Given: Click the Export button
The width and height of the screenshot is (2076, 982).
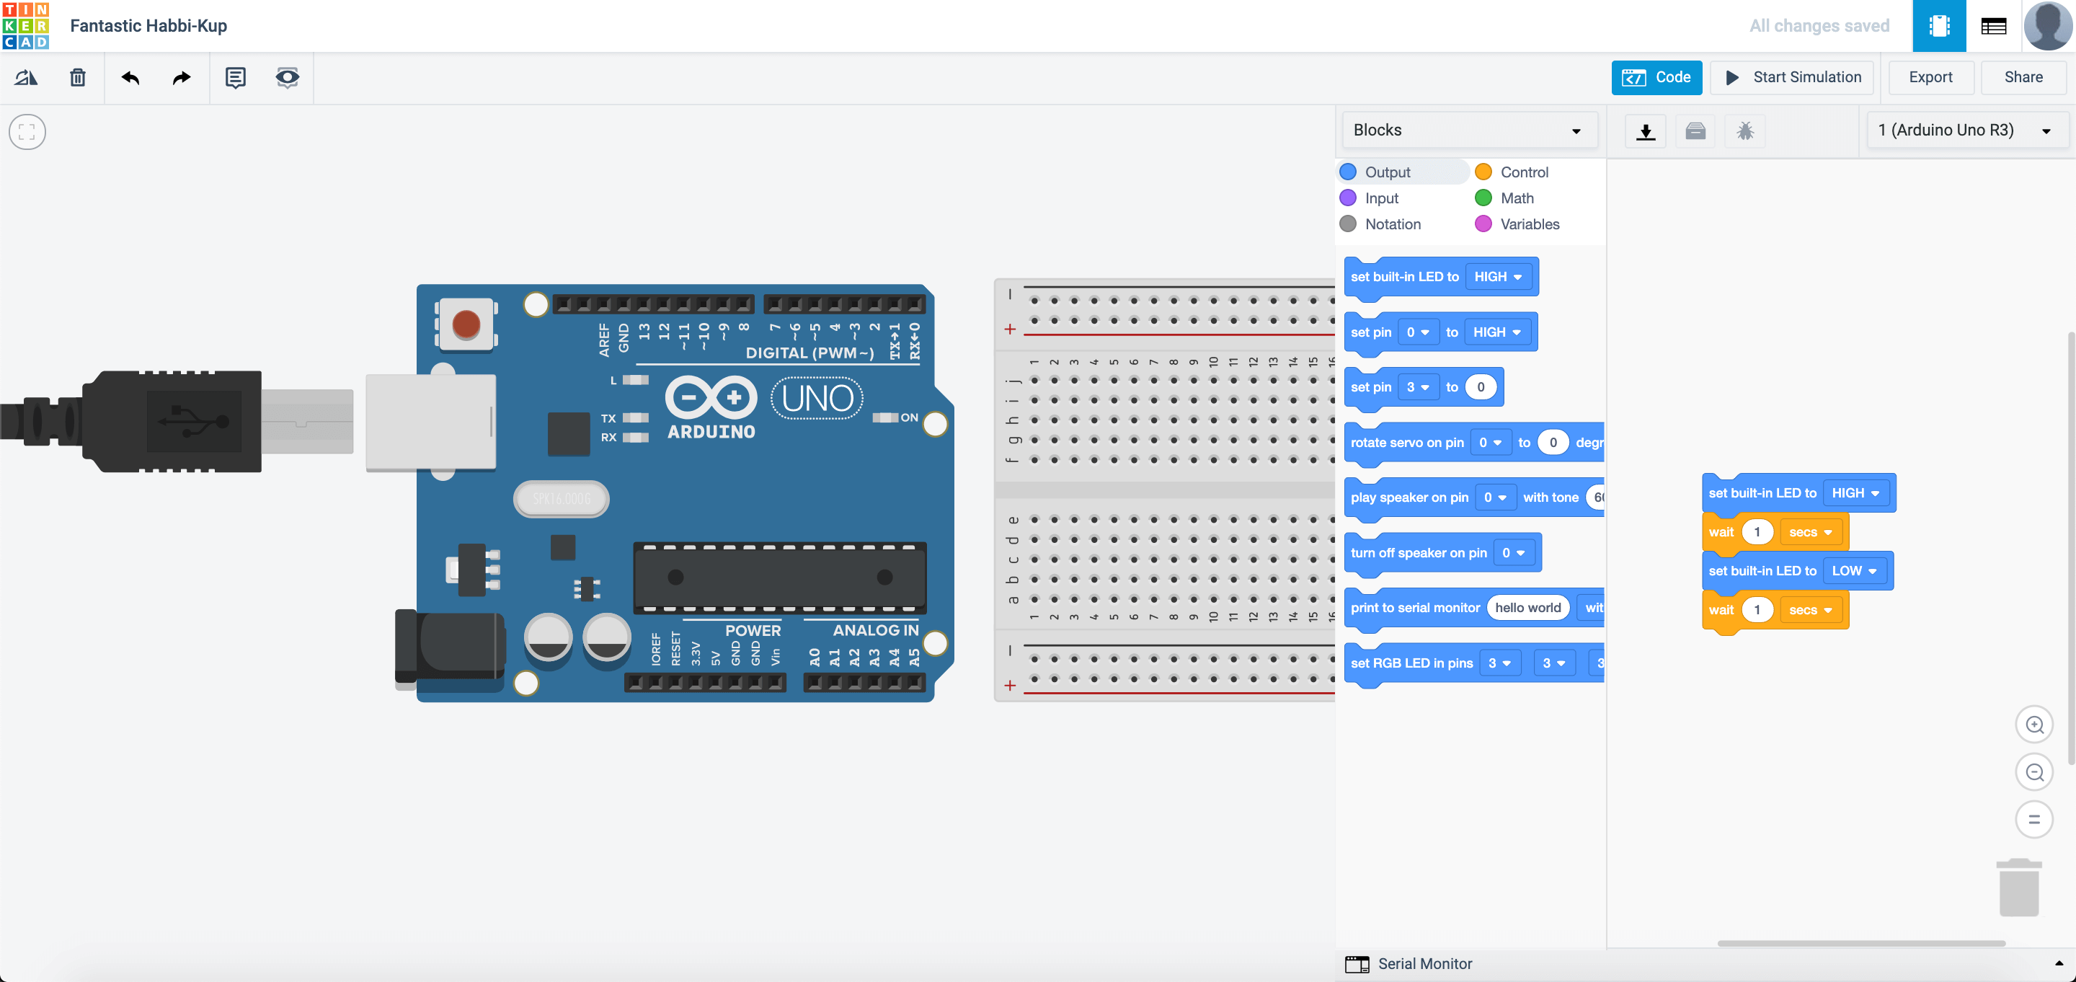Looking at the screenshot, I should pos(1930,77).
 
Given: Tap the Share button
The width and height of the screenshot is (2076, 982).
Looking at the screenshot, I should pos(2023,77).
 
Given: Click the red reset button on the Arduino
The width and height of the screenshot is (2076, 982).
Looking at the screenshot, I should pos(466,325).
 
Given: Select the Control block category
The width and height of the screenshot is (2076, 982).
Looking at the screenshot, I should pos(1523,172).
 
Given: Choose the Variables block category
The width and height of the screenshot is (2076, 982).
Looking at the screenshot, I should pos(1529,224).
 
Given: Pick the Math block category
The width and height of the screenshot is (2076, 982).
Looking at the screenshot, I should pos(1516,198).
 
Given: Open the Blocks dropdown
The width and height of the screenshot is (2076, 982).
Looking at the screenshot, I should pos(1468,131).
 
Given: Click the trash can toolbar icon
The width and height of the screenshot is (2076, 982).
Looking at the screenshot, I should pos(77,77).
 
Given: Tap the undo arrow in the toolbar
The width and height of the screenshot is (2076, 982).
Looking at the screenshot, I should pos(130,77).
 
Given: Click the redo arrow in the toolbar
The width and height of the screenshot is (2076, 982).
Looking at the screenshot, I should pos(182,77).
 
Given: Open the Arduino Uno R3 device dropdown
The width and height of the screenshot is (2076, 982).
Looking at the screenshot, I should pos(1964,131).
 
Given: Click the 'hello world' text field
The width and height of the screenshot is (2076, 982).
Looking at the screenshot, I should pos(1527,608).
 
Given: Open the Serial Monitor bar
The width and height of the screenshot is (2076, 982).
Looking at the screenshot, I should pos(1424,963).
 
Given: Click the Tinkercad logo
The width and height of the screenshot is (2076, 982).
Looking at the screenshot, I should pos(26,26).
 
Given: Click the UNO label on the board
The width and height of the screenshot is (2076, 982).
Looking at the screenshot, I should pos(817,398).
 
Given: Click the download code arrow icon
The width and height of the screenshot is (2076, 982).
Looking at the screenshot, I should pos(1646,131).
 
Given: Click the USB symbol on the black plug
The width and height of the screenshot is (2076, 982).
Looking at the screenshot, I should pos(194,420).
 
